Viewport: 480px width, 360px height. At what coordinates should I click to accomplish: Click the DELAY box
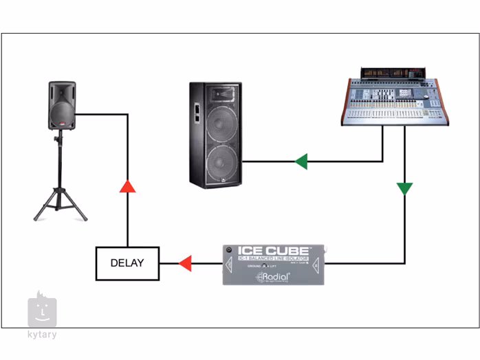click(127, 263)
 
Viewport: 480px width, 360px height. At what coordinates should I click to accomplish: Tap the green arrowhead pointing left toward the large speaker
click(301, 162)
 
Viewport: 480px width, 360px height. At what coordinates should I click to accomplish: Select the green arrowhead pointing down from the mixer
click(405, 188)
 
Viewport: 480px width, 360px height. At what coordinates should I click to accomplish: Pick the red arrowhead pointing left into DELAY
click(184, 263)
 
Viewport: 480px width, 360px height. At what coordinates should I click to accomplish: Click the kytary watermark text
click(42, 335)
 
